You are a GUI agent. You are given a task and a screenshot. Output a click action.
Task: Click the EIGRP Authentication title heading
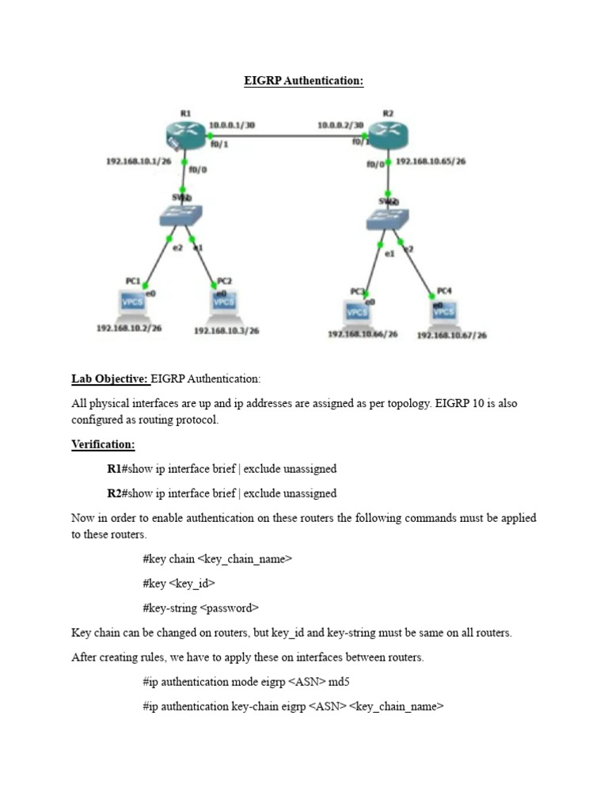[x=303, y=81]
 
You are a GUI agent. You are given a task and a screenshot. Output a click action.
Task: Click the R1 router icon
[x=184, y=135]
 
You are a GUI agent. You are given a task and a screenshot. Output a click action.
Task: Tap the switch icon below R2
[x=389, y=220]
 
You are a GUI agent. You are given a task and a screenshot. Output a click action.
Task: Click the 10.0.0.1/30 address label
[x=233, y=125]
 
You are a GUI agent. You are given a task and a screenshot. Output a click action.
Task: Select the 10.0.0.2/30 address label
[x=340, y=125]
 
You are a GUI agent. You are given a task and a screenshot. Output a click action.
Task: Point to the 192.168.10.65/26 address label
[x=431, y=162]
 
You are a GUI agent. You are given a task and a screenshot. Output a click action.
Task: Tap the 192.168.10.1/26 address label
[x=139, y=162]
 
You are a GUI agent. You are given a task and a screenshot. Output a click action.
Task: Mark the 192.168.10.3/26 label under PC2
[x=226, y=331]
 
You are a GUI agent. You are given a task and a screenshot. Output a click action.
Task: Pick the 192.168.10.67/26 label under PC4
[x=452, y=335]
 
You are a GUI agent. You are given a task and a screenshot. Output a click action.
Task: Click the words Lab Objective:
[x=109, y=379]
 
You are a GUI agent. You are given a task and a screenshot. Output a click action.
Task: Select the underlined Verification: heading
[x=104, y=445]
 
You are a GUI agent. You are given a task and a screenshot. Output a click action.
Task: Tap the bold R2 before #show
[x=114, y=493]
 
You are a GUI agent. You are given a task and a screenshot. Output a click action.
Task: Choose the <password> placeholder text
[x=230, y=608]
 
